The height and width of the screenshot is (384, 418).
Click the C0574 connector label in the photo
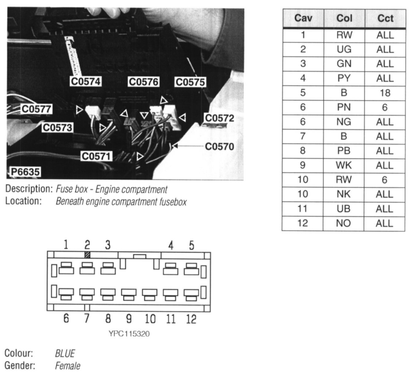(x=86, y=82)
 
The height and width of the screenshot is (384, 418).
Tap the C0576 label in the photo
(x=144, y=82)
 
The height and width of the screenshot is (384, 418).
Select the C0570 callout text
(x=219, y=147)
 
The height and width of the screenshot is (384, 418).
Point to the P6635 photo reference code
(x=25, y=172)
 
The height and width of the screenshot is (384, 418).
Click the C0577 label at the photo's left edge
(x=37, y=109)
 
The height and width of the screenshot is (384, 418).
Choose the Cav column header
(x=303, y=18)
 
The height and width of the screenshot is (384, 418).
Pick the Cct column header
(x=385, y=18)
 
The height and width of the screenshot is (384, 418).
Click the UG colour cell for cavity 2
(x=344, y=49)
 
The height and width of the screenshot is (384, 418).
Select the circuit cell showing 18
(x=385, y=93)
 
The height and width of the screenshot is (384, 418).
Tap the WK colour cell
(x=344, y=165)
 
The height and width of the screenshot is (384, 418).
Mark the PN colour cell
(x=344, y=107)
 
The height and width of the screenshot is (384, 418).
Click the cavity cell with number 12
(x=303, y=223)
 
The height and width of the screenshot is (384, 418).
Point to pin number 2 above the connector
(x=87, y=245)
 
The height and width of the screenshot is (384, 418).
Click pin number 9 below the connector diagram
(x=129, y=319)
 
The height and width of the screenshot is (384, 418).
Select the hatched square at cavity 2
(x=87, y=255)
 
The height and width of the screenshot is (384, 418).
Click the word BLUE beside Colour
(x=65, y=354)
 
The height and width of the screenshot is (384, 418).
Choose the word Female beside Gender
(x=68, y=366)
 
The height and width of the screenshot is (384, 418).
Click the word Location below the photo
(x=23, y=201)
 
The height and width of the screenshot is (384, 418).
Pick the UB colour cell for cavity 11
(x=344, y=209)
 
